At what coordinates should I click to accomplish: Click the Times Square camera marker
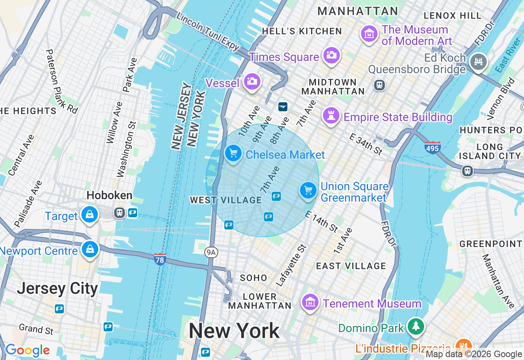[331, 55]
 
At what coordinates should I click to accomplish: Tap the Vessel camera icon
[252, 81]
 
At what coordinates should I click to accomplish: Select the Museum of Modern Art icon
[369, 34]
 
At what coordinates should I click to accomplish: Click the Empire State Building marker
[331, 116]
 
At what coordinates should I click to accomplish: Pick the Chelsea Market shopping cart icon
[233, 153]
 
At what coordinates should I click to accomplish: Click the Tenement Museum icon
[310, 302]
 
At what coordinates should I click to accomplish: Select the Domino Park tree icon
[416, 326]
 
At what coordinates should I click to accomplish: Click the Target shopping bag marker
[89, 214]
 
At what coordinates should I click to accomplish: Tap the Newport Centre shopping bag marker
[90, 249]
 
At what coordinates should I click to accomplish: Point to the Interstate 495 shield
[432, 147]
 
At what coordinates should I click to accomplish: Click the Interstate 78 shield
[160, 259]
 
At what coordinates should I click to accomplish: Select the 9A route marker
[211, 252]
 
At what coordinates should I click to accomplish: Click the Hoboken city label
[109, 195]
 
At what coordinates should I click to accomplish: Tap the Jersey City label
[57, 288]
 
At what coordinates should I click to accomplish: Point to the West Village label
[226, 200]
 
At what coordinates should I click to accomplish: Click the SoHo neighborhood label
[253, 278]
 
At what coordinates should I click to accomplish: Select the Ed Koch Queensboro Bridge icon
[478, 61]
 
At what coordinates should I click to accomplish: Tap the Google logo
[27, 350]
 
